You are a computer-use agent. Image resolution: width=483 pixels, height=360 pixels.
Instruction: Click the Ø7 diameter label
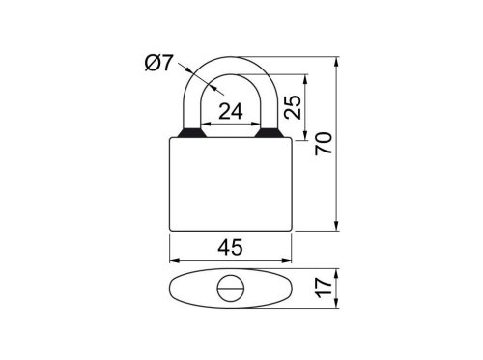coord(158,63)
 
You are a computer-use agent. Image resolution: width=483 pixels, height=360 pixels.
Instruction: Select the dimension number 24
coord(231,112)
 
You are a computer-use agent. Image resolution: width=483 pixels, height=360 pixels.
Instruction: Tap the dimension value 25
coord(293,107)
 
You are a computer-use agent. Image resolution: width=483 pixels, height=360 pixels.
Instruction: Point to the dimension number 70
coord(324,144)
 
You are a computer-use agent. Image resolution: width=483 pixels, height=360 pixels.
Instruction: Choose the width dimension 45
coord(231,248)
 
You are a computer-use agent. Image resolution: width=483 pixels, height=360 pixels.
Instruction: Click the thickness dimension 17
coord(324,289)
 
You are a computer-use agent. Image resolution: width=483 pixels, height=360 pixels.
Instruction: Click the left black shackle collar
coord(191,133)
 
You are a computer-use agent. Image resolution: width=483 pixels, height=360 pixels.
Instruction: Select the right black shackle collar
coord(270,133)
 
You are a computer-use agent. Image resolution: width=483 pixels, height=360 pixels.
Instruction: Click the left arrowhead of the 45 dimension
coord(174,260)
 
